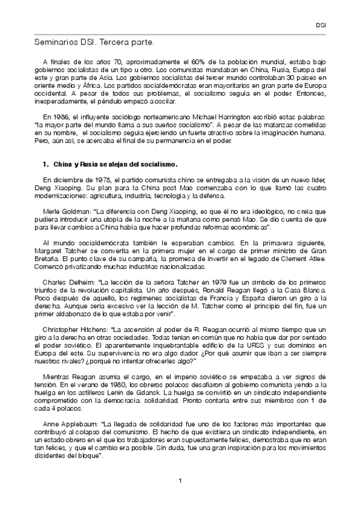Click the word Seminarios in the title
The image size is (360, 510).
pyautogui.click(x=56, y=43)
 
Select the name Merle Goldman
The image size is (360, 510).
pyautogui.click(x=64, y=213)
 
